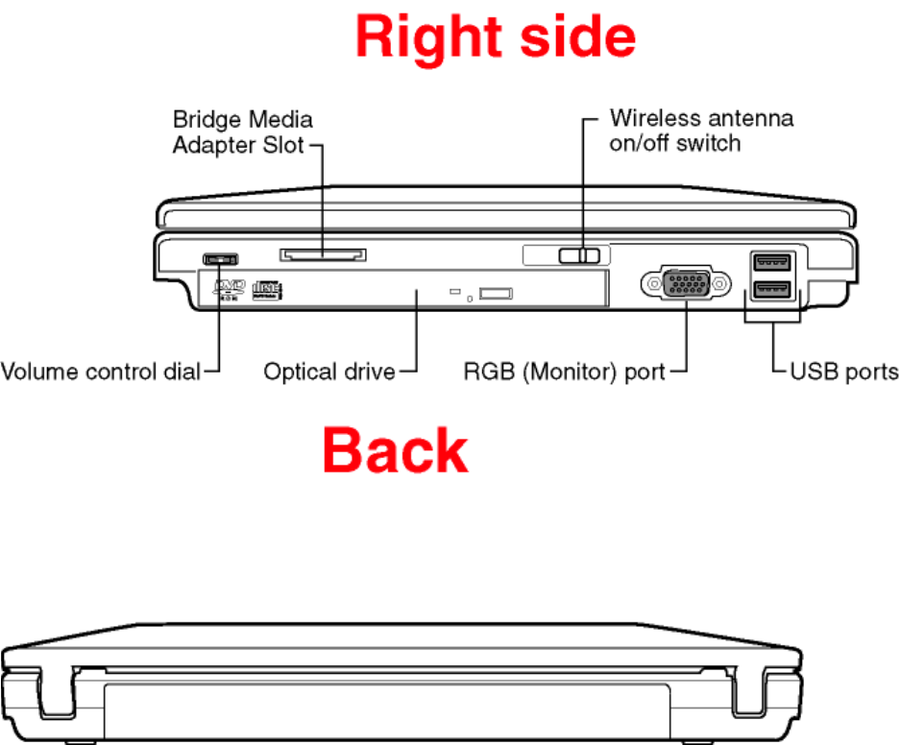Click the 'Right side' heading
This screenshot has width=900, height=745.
495,39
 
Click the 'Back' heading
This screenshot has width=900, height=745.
395,450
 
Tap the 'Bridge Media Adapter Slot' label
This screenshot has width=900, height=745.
241,132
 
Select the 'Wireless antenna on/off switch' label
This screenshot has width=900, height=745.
701,131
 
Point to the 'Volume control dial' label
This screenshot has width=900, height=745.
101,372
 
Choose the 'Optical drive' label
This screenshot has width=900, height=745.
329,372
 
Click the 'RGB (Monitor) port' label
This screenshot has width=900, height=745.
564,372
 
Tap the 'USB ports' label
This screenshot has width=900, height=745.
843,372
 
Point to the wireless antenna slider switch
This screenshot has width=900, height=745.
581,255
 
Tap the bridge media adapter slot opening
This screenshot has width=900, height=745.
323,254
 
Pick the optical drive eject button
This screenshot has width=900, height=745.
497,292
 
